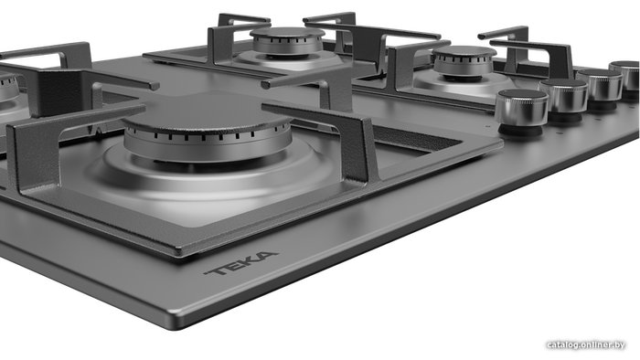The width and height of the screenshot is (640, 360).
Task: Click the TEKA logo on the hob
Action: click(241, 262)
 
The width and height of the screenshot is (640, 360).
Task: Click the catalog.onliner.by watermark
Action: click(586, 344)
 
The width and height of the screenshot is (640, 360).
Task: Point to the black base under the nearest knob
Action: click(521, 130)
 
